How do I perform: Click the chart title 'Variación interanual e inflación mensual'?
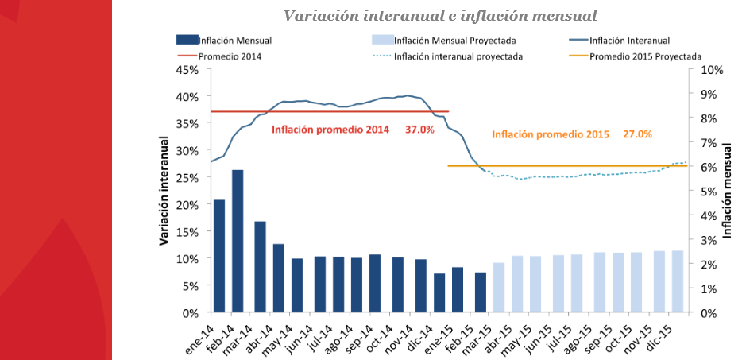click(x=441, y=16)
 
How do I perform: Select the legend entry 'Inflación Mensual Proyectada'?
click(x=455, y=40)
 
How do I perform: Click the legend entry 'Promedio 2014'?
click(x=230, y=56)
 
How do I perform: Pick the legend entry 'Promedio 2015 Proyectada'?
click(x=645, y=56)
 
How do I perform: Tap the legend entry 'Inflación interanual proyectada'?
click(x=458, y=56)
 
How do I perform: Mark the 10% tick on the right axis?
click(x=712, y=70)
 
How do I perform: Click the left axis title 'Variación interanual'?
click(x=164, y=191)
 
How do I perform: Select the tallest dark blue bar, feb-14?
click(x=238, y=241)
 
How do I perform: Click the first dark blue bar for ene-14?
click(x=218, y=256)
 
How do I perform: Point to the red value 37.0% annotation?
click(x=419, y=130)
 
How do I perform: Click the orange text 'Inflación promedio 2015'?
click(x=550, y=134)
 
